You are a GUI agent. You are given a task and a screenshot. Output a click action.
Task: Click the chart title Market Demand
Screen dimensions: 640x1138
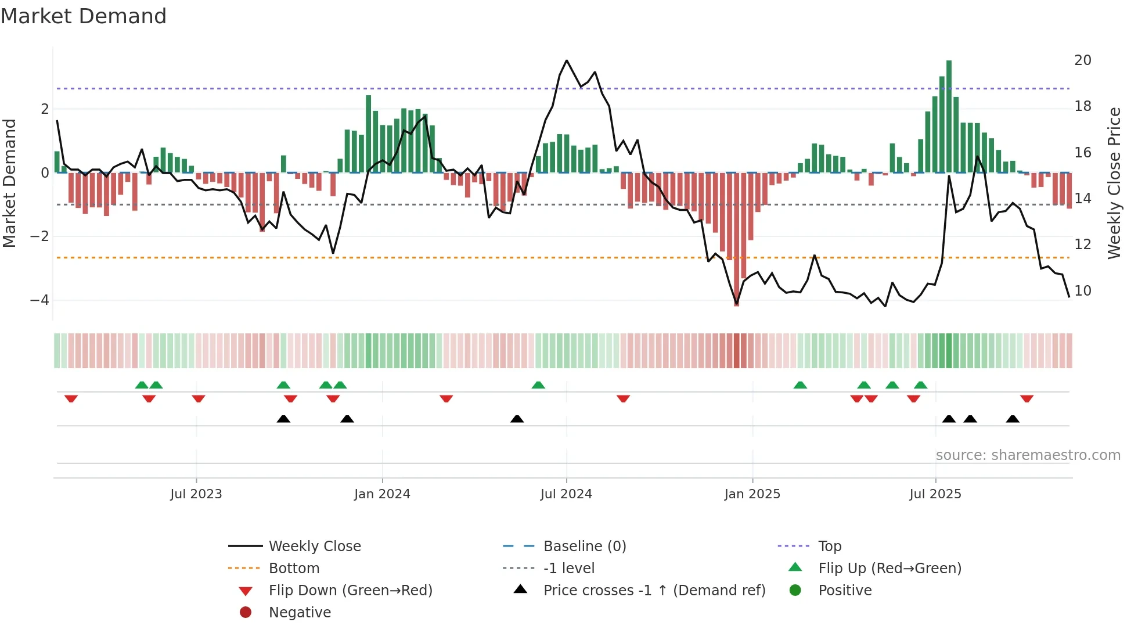click(x=84, y=16)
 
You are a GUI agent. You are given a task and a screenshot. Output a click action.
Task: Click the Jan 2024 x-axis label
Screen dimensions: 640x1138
click(x=382, y=494)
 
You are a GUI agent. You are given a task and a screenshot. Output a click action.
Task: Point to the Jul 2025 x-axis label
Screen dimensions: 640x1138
click(x=935, y=494)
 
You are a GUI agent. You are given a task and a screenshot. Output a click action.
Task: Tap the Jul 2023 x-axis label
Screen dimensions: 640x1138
click(x=196, y=494)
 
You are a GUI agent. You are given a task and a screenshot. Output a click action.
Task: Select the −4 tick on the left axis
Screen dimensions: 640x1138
click(x=39, y=300)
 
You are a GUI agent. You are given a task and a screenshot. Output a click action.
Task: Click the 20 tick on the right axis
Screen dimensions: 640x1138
click(x=1083, y=60)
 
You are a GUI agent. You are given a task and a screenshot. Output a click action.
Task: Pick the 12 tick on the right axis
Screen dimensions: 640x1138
click(x=1083, y=245)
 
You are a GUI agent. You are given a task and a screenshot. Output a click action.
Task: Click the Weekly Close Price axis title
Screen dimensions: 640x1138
click(x=1114, y=183)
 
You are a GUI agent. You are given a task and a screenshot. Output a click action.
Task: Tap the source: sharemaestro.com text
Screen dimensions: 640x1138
click(x=1028, y=455)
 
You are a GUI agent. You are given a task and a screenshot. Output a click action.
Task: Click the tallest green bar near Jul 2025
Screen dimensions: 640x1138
click(x=949, y=116)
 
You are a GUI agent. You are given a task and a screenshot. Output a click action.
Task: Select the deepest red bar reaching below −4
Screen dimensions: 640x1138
click(x=737, y=238)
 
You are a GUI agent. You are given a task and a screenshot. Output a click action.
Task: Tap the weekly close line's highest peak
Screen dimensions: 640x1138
click(x=567, y=60)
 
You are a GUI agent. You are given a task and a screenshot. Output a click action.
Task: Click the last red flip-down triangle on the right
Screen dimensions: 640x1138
click(x=1027, y=399)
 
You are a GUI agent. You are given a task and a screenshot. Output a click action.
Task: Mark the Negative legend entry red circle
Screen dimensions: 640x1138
click(x=246, y=613)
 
